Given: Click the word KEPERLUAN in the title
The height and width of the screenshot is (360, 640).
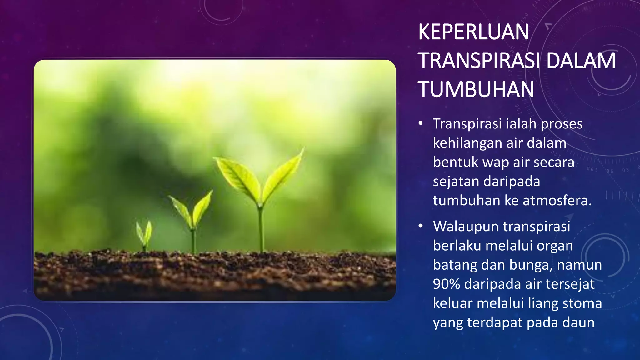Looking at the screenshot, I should [x=473, y=32].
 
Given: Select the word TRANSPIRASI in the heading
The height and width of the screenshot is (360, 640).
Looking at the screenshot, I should [x=479, y=61].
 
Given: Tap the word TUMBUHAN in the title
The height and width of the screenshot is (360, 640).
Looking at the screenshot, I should [x=476, y=89].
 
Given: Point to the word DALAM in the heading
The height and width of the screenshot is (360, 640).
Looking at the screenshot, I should [x=581, y=61].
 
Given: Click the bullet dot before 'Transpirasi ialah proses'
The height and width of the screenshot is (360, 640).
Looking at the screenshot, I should [x=421, y=123].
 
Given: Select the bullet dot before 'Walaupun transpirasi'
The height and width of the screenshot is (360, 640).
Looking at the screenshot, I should [x=421, y=226].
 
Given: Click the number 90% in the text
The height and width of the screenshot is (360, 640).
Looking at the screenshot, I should [x=446, y=284].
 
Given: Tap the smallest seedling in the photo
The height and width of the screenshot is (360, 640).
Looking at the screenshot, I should [x=144, y=233].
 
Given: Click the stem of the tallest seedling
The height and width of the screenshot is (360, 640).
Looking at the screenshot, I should [x=261, y=228].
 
